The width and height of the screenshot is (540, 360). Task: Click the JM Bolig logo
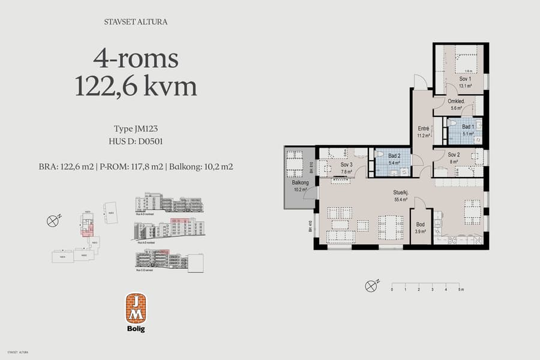pos(136,312)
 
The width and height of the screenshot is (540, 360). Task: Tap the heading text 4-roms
pos(136,59)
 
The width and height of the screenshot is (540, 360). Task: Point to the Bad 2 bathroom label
pos(394,156)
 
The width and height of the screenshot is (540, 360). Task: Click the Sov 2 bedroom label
pos(454,154)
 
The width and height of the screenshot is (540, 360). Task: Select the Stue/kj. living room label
pos(400,192)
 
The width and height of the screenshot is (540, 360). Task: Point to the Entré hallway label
pos(423,128)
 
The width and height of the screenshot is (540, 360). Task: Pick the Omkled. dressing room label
pos(456,101)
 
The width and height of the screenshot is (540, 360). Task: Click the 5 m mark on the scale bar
pos(460,289)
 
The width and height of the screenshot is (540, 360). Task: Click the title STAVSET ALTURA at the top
pos(136,22)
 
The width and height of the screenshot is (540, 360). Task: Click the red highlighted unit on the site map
pos(87,227)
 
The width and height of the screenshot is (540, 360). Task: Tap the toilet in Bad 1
pos(453,127)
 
